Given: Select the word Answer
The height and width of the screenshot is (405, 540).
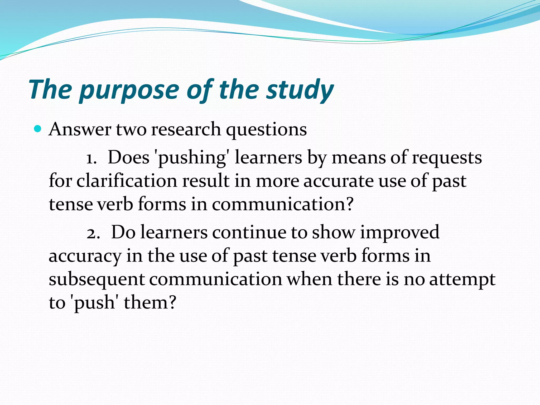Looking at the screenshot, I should [x=80, y=129].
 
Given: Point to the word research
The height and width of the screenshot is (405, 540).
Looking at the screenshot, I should [x=186, y=129].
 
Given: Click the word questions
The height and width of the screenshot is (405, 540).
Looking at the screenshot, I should [x=266, y=130].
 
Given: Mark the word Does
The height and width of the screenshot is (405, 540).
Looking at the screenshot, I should [x=129, y=158].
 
